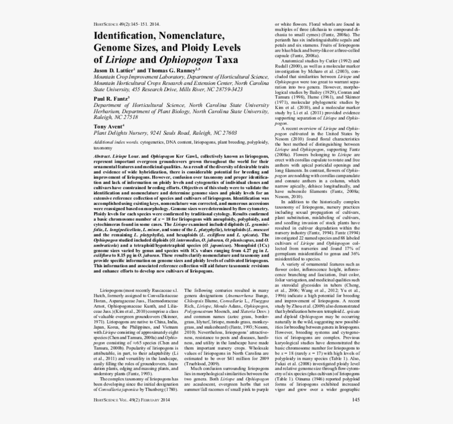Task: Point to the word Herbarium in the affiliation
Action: (x=110, y=112)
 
